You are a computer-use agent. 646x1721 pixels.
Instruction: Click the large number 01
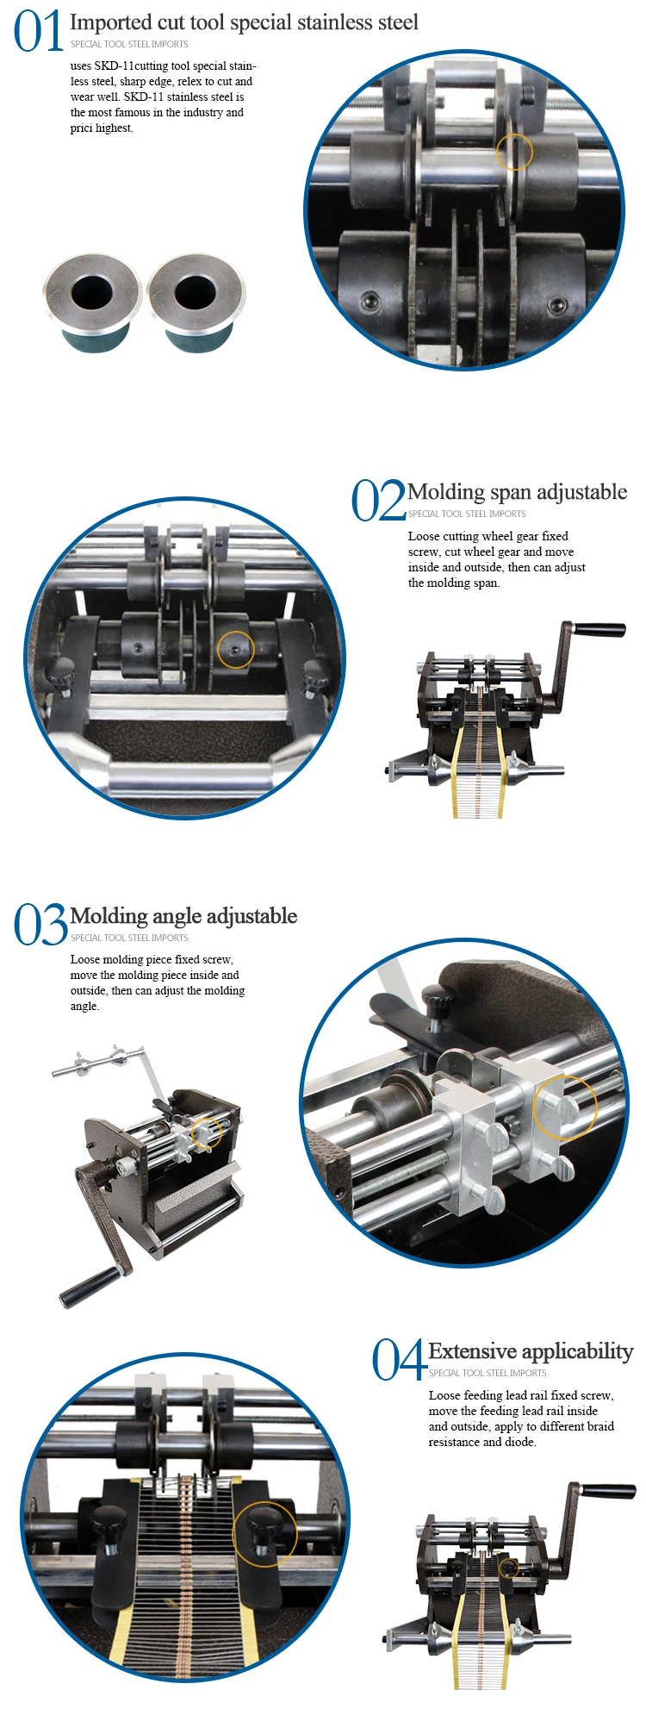[x=38, y=32]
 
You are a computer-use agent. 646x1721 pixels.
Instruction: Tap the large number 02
[x=376, y=501]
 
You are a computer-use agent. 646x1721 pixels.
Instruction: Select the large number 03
[x=40, y=925]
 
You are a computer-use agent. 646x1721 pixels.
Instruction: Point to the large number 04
[x=398, y=1360]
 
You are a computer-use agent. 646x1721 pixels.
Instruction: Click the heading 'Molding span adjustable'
[x=517, y=492]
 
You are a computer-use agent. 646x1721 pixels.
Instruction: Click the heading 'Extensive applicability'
[x=531, y=1350]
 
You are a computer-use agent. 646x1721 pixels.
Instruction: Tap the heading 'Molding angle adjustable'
[x=183, y=916]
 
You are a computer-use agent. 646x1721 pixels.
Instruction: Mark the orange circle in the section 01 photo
[x=514, y=152]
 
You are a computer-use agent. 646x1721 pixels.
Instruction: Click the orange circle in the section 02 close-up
[x=235, y=649]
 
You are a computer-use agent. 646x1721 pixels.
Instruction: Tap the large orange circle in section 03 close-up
[x=565, y=1107]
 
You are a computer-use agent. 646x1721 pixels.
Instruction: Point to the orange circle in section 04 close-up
[x=264, y=1533]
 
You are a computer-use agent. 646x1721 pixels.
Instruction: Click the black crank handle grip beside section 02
[x=599, y=630]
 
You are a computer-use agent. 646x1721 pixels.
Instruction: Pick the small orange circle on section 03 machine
[x=206, y=1132]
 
